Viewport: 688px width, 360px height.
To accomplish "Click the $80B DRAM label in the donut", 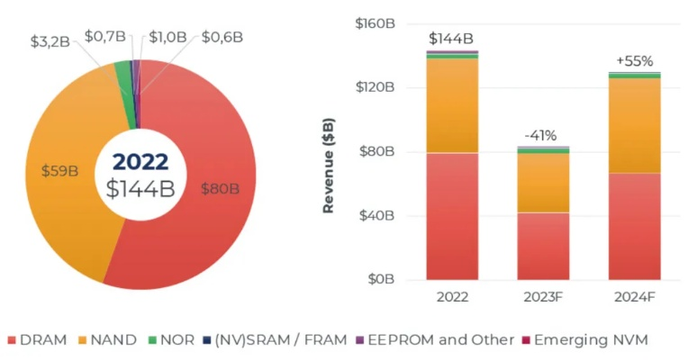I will pos(220,188).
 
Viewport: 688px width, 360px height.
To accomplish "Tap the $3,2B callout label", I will pos(50,41).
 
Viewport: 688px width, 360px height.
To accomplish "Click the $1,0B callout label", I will pos(167,36).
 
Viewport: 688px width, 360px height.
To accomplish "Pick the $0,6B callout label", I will pos(222,36).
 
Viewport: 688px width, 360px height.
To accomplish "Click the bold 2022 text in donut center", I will pos(140,162).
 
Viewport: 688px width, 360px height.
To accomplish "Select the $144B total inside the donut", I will pos(140,189).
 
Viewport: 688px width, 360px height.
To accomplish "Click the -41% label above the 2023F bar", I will pos(543,136).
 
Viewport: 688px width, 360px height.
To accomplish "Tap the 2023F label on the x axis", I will pos(543,298).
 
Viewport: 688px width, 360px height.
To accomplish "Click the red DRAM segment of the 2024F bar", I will pos(634,225).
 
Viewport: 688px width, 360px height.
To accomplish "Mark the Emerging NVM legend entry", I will pos(590,340).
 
